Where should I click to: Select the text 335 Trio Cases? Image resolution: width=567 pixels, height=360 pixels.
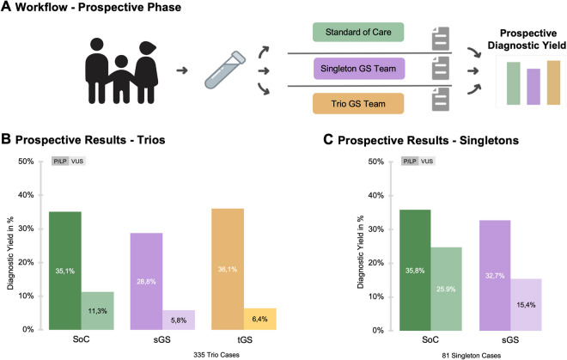tap(160, 353)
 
